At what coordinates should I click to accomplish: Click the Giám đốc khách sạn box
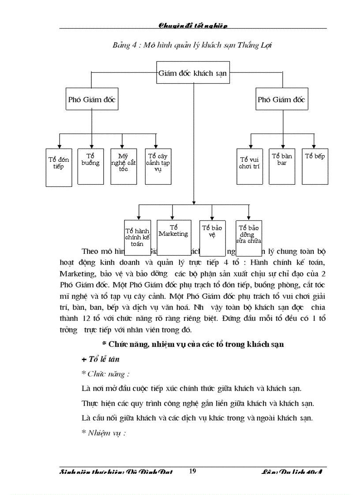193,73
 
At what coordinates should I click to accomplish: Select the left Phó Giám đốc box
91,100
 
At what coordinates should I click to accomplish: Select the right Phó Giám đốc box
281,100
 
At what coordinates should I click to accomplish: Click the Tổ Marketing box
173,237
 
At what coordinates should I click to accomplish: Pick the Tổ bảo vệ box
212,237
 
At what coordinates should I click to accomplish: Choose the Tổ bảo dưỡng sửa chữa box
249,237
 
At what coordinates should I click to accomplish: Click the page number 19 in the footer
192,471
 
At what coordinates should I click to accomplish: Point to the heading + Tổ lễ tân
101,359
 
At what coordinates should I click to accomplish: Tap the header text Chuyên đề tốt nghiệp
193,26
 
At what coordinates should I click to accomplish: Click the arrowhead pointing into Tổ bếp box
314,146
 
